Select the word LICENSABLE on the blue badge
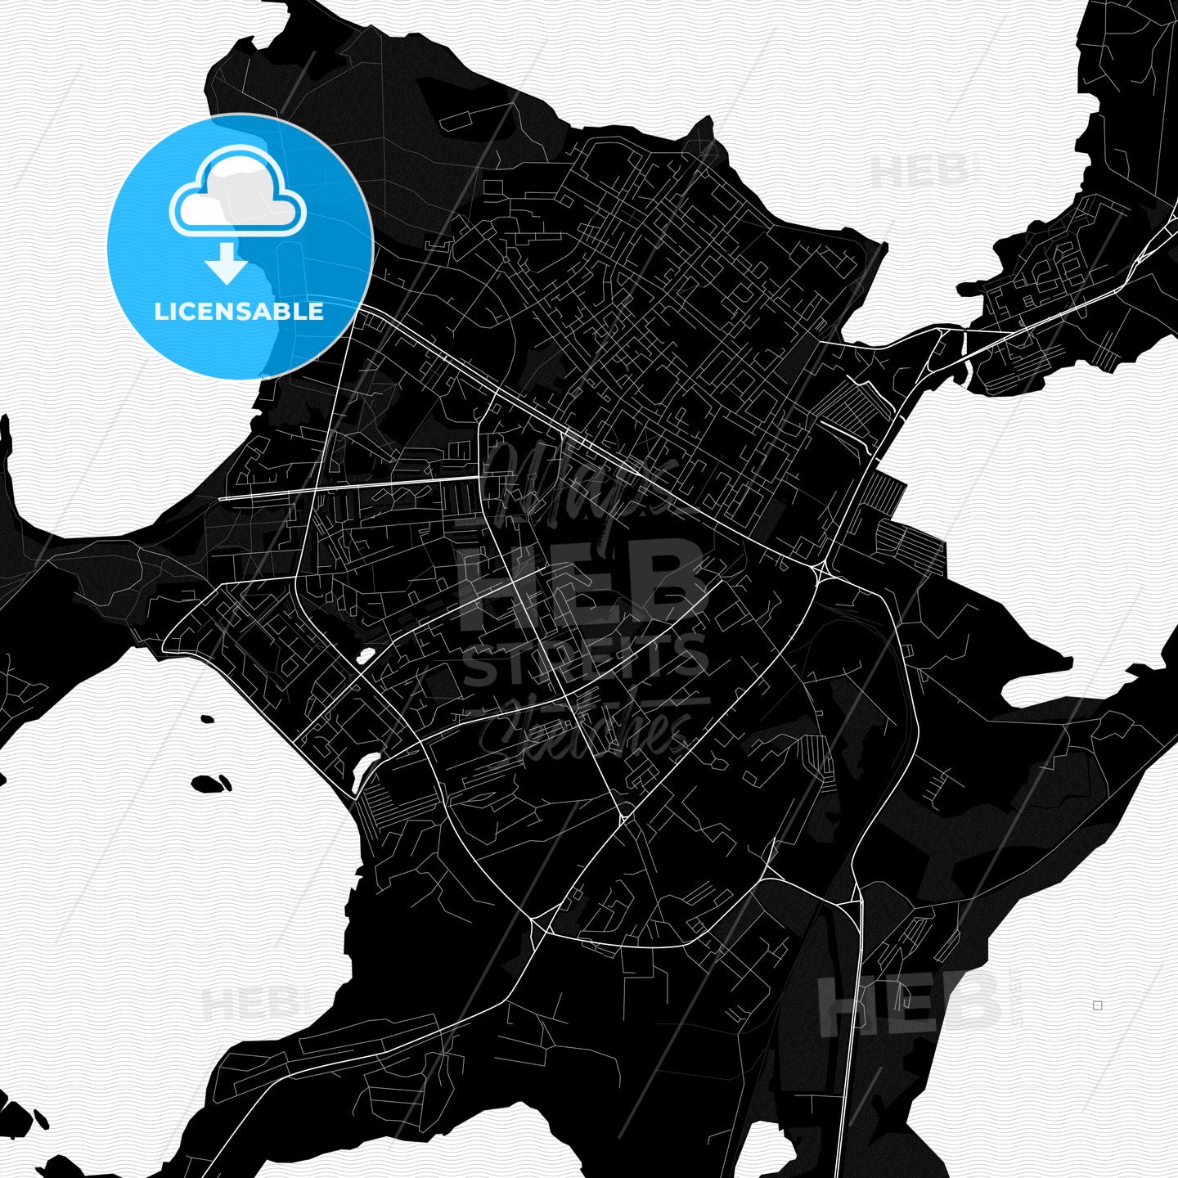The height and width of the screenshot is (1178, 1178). tap(239, 312)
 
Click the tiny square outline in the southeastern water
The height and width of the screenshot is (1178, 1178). tap(1098, 1005)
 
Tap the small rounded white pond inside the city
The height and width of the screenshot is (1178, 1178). tap(365, 656)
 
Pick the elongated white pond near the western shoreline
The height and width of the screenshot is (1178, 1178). tap(365, 771)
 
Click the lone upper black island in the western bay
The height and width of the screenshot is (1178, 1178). tap(207, 720)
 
